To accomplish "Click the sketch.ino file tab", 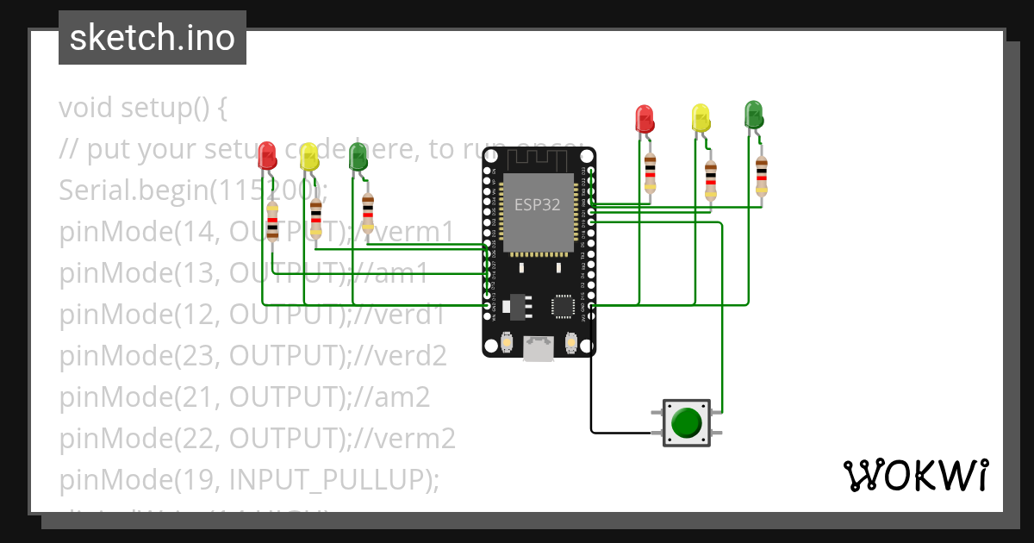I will [x=153, y=38].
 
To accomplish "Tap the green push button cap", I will [x=686, y=422].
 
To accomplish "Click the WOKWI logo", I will [x=915, y=476].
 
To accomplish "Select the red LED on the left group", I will [x=267, y=156].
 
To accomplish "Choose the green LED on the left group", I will [x=358, y=157].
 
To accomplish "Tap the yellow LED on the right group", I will [x=701, y=117].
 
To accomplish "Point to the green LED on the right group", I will [x=753, y=114].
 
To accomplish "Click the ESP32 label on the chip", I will [x=538, y=204].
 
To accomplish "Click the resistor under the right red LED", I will [x=650, y=173].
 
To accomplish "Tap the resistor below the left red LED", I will [x=272, y=222].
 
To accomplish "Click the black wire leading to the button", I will [x=591, y=396].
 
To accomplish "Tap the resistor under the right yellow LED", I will [x=710, y=179].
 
